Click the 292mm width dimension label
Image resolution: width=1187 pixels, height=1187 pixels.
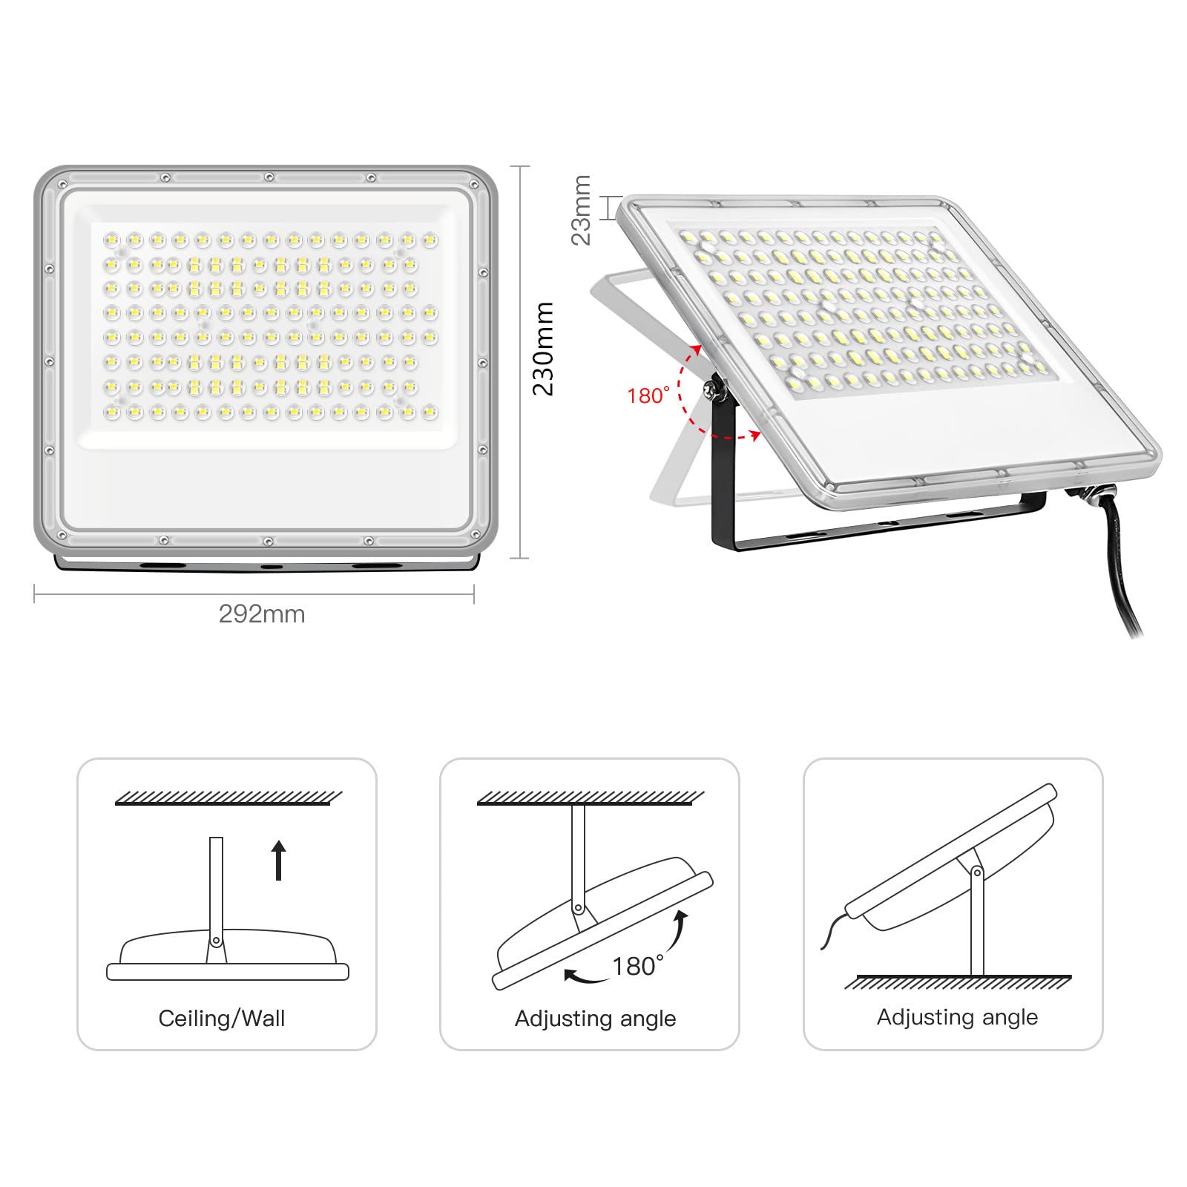261,614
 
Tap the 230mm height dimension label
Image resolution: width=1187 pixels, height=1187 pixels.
544,349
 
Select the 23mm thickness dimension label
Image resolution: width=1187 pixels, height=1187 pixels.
582,210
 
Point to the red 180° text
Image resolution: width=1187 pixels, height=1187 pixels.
648,396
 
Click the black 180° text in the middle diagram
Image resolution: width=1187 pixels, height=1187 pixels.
637,966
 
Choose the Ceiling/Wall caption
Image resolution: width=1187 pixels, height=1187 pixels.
222,1019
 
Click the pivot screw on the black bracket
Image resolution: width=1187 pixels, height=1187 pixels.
715,388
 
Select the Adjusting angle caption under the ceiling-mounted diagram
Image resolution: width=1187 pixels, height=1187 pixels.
595,1019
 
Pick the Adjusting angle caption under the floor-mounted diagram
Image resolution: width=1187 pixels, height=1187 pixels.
957,1017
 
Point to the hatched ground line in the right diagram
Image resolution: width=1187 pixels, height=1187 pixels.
958,982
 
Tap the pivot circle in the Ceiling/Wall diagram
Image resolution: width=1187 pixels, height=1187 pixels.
216,941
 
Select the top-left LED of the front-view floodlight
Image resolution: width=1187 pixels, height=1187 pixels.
111,240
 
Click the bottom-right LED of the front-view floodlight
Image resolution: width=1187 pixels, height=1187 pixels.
430,412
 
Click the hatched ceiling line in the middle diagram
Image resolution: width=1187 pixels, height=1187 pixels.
590,798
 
